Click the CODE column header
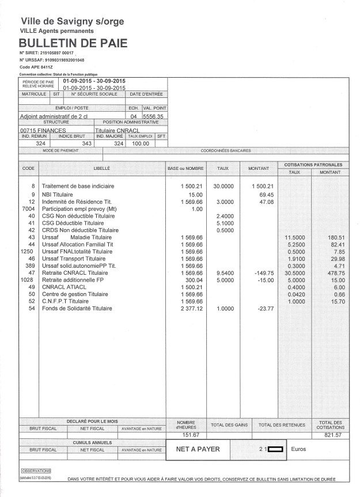[28, 168]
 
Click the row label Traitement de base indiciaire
[78, 187]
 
